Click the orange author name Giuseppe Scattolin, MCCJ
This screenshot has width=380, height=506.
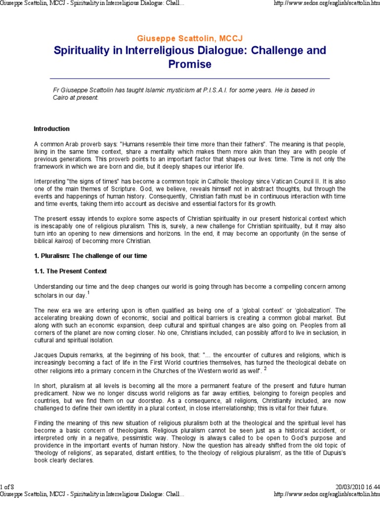tap(190, 38)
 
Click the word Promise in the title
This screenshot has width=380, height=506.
tap(190, 64)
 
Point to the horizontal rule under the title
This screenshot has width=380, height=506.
tap(190, 79)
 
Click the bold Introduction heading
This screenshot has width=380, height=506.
tap(51, 129)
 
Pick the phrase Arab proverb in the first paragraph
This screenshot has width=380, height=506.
tap(73, 143)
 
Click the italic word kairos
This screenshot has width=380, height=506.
tap(63, 241)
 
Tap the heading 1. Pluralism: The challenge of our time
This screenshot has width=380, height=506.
tap(90, 255)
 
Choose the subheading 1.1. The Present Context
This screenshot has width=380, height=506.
tap(70, 271)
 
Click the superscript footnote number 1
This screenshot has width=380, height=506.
tap(88, 293)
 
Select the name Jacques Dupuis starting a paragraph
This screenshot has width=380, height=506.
tap(55, 355)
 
